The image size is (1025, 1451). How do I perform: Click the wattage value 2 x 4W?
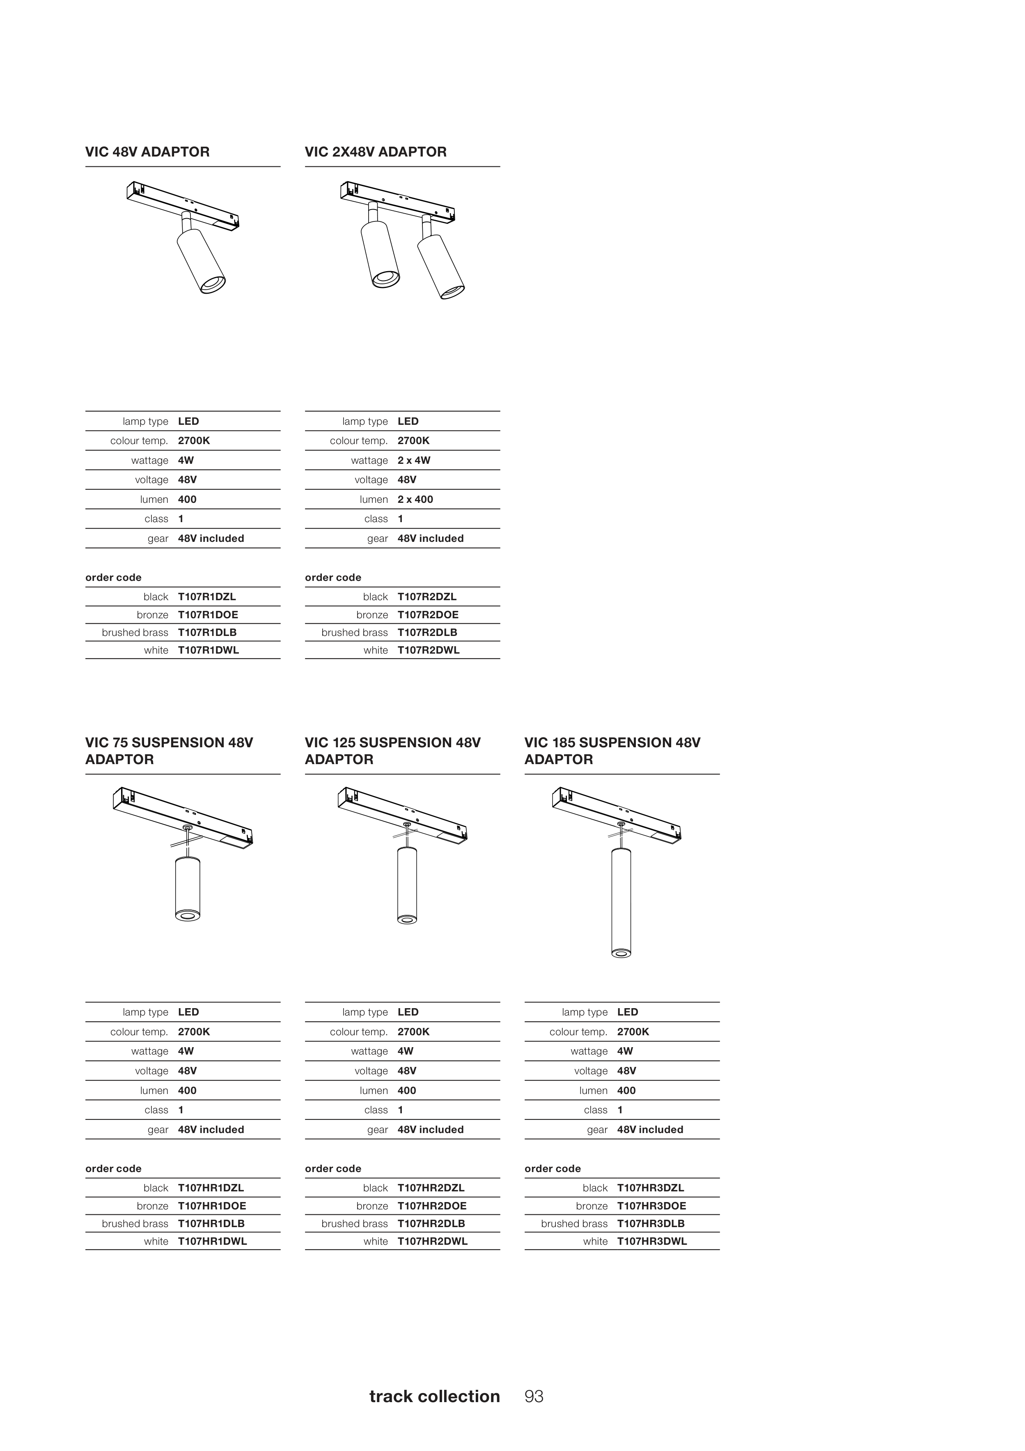[414, 460]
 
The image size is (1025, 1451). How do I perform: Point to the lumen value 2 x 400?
[415, 499]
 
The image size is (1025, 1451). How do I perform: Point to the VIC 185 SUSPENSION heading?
[612, 751]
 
